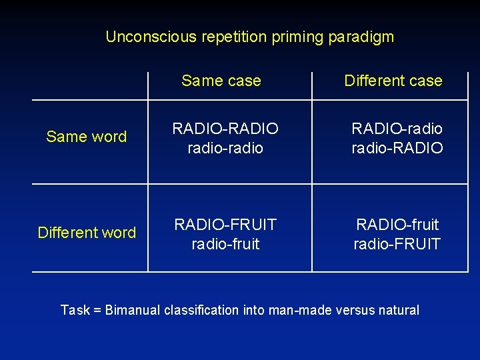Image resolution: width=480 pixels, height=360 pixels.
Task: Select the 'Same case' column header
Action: (x=221, y=81)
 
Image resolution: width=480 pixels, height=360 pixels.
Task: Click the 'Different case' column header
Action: (x=393, y=81)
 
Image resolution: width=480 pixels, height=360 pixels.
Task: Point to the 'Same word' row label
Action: (x=86, y=137)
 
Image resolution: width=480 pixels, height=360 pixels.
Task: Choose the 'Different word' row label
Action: (x=87, y=233)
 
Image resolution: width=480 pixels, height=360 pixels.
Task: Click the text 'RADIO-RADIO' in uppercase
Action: (x=225, y=129)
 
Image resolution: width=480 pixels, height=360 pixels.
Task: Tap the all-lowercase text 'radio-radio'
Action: (x=225, y=148)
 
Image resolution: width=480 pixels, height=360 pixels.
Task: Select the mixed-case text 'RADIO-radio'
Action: (x=397, y=129)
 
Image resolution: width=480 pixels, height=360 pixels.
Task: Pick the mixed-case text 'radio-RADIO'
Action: (x=397, y=148)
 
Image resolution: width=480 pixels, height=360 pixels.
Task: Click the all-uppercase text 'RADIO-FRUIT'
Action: (x=225, y=225)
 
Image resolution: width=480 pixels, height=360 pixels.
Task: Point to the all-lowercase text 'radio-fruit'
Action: (x=225, y=244)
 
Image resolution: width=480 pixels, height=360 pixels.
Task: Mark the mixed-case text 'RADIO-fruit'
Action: (x=397, y=225)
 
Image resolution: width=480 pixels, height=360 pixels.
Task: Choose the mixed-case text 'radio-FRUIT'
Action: (x=397, y=244)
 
